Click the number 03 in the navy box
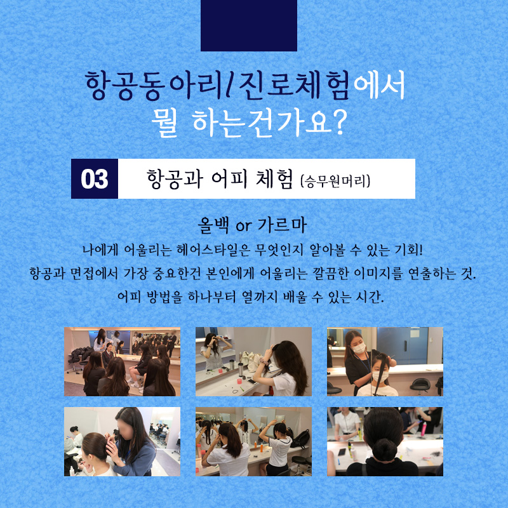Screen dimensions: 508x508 [94, 179]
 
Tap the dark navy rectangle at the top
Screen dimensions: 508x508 [249, 25]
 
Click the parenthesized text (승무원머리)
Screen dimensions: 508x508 [335, 181]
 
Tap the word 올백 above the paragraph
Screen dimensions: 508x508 [213, 225]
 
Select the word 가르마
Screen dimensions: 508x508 [282, 225]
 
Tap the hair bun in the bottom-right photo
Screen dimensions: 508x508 [385, 450]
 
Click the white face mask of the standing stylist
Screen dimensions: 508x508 [359, 348]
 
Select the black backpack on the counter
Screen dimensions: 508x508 [301, 439]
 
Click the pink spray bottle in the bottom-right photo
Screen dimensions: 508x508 [424, 429]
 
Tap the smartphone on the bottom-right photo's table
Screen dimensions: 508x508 [342, 452]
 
